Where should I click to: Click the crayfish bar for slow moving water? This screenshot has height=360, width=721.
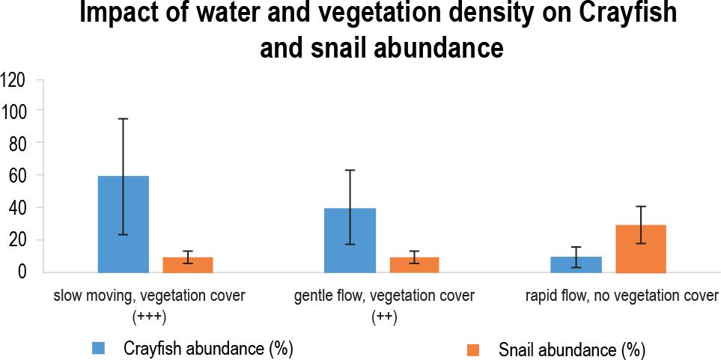pyautogui.click(x=124, y=224)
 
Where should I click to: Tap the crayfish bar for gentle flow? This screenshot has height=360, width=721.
pyautogui.click(x=350, y=240)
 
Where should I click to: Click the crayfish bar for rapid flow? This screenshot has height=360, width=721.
pyautogui.click(x=577, y=265)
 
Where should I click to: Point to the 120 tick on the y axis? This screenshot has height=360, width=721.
pyautogui.click(x=15, y=79)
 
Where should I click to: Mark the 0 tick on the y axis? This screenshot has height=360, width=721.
pyautogui.click(x=22, y=272)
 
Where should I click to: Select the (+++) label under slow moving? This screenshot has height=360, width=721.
pyautogui.click(x=148, y=316)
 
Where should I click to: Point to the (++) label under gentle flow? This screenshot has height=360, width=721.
pyautogui.click(x=384, y=316)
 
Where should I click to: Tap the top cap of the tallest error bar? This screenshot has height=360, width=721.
pyautogui.click(x=124, y=118)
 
